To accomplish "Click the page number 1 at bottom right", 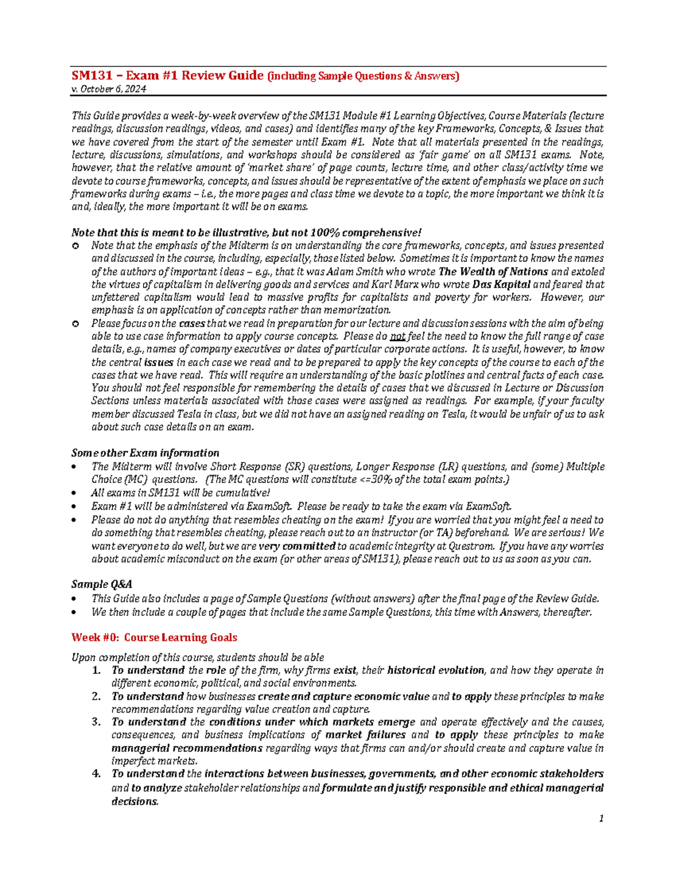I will [601, 819].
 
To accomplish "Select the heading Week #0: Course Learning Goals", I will [154, 637].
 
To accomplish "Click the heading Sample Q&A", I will [101, 584].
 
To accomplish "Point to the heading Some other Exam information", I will [145, 453].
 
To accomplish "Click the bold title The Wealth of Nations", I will [493, 272].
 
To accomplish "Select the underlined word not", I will [398, 336].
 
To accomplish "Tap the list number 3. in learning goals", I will [96, 722].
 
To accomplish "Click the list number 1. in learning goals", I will [96, 670].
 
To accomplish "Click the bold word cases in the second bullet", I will [192, 323].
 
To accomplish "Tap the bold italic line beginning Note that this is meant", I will [246, 233].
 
